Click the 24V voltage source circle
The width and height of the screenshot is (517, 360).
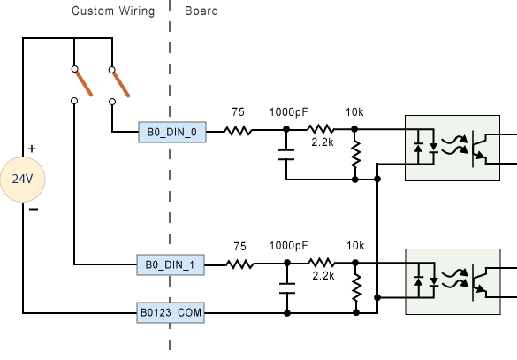tap(22, 180)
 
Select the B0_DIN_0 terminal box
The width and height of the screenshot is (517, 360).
tap(172, 132)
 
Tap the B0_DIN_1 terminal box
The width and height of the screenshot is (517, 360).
tap(171, 264)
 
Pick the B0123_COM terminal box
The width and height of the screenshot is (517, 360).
tap(171, 312)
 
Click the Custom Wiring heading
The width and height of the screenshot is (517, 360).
tap(113, 11)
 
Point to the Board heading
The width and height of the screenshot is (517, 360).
tap(201, 11)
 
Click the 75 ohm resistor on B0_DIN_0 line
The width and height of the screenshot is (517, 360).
tap(238, 131)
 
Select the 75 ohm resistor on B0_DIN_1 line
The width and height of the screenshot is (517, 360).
tap(239, 264)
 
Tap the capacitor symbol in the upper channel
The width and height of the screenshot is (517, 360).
tap(286, 155)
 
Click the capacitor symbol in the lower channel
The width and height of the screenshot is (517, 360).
tap(287, 288)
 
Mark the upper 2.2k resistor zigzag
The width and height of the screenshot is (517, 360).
tap(321, 129)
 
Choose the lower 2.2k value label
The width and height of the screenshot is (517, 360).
tap(323, 275)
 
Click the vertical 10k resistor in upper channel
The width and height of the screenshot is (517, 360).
tap(356, 154)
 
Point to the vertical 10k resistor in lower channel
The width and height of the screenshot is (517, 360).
tap(356, 287)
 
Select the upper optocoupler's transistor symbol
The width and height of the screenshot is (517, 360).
tap(478, 149)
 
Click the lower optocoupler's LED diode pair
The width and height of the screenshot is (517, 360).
tap(426, 280)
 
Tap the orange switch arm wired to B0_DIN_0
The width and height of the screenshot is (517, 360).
tap(121, 85)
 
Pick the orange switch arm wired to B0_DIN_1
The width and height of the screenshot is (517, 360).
tap(84, 84)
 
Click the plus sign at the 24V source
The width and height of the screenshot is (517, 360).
tap(32, 149)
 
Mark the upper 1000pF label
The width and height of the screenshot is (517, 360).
tap(288, 112)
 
